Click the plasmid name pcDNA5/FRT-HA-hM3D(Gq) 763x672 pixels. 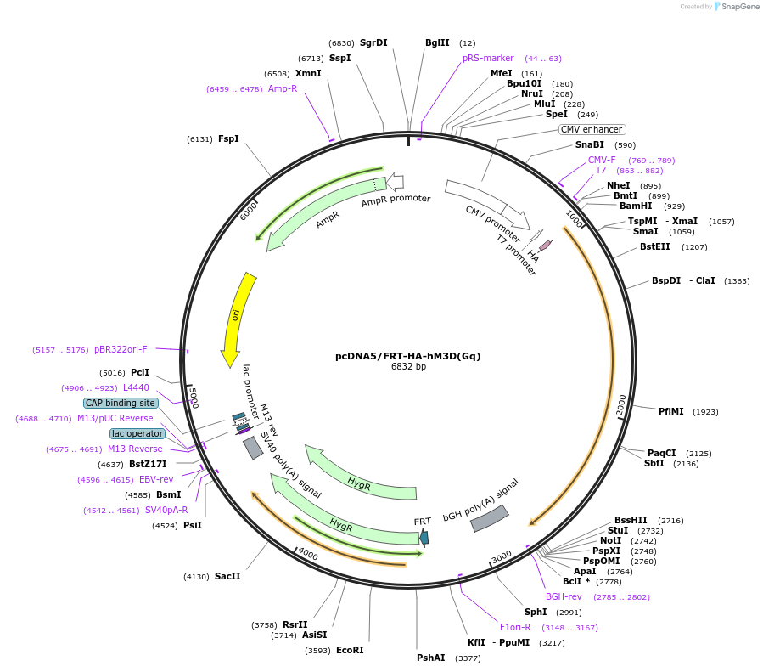[407, 356]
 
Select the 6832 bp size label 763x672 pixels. [408, 367]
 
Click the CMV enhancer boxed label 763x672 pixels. [592, 130]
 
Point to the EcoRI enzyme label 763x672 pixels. [350, 651]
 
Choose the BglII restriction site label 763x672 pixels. [437, 42]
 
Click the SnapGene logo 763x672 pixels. [736, 7]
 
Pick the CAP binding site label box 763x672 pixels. [121, 403]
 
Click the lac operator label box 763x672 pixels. [137, 433]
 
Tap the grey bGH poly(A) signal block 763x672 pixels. [490, 519]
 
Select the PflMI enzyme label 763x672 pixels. [670, 411]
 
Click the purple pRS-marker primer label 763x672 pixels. [488, 59]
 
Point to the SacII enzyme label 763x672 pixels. [227, 576]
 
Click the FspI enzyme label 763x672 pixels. [228, 138]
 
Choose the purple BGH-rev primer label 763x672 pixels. [564, 596]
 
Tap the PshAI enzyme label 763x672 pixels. [430, 658]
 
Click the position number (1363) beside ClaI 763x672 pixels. [737, 280]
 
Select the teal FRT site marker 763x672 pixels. [424, 537]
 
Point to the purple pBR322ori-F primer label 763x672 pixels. [121, 349]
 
